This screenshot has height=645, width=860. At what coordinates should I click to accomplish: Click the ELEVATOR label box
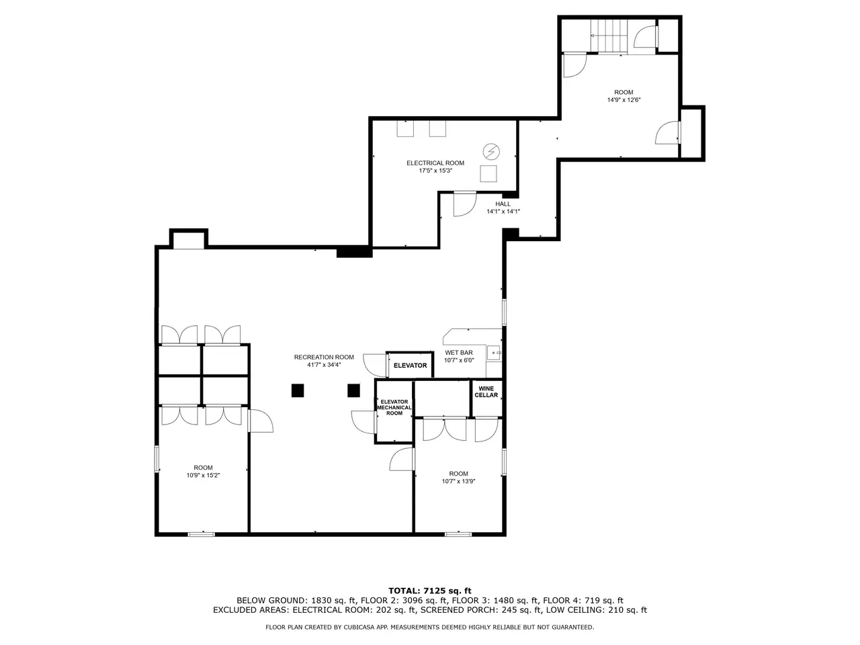pyautogui.click(x=411, y=365)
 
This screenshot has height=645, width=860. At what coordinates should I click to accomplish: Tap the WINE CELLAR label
pyautogui.click(x=486, y=392)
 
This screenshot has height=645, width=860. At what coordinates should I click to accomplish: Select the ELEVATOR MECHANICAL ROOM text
pyautogui.click(x=394, y=407)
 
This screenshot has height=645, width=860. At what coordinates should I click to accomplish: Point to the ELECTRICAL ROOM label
pyautogui.click(x=435, y=163)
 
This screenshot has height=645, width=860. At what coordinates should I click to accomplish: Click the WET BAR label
pyautogui.click(x=459, y=353)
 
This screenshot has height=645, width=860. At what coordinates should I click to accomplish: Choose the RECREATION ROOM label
pyautogui.click(x=324, y=357)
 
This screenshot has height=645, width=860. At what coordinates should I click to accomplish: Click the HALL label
pyautogui.click(x=503, y=204)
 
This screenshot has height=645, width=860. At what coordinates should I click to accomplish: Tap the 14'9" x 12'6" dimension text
pyautogui.click(x=623, y=100)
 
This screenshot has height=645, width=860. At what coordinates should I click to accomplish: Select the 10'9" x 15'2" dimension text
pyautogui.click(x=203, y=476)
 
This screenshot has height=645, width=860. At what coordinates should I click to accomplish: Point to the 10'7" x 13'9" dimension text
pyautogui.click(x=458, y=481)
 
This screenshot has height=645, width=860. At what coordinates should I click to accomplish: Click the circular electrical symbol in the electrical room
pyautogui.click(x=491, y=152)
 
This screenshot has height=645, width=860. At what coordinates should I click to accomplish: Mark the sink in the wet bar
pyautogui.click(x=494, y=353)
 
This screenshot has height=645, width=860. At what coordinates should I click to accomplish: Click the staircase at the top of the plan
pyautogui.click(x=609, y=36)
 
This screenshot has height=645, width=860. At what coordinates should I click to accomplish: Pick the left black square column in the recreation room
pyautogui.click(x=298, y=390)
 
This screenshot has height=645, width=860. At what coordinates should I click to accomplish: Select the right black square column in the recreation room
pyautogui.click(x=354, y=390)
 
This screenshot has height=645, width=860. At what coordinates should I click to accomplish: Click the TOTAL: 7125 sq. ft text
pyautogui.click(x=430, y=591)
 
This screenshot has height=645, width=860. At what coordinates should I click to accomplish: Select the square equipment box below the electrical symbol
pyautogui.click(x=488, y=173)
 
